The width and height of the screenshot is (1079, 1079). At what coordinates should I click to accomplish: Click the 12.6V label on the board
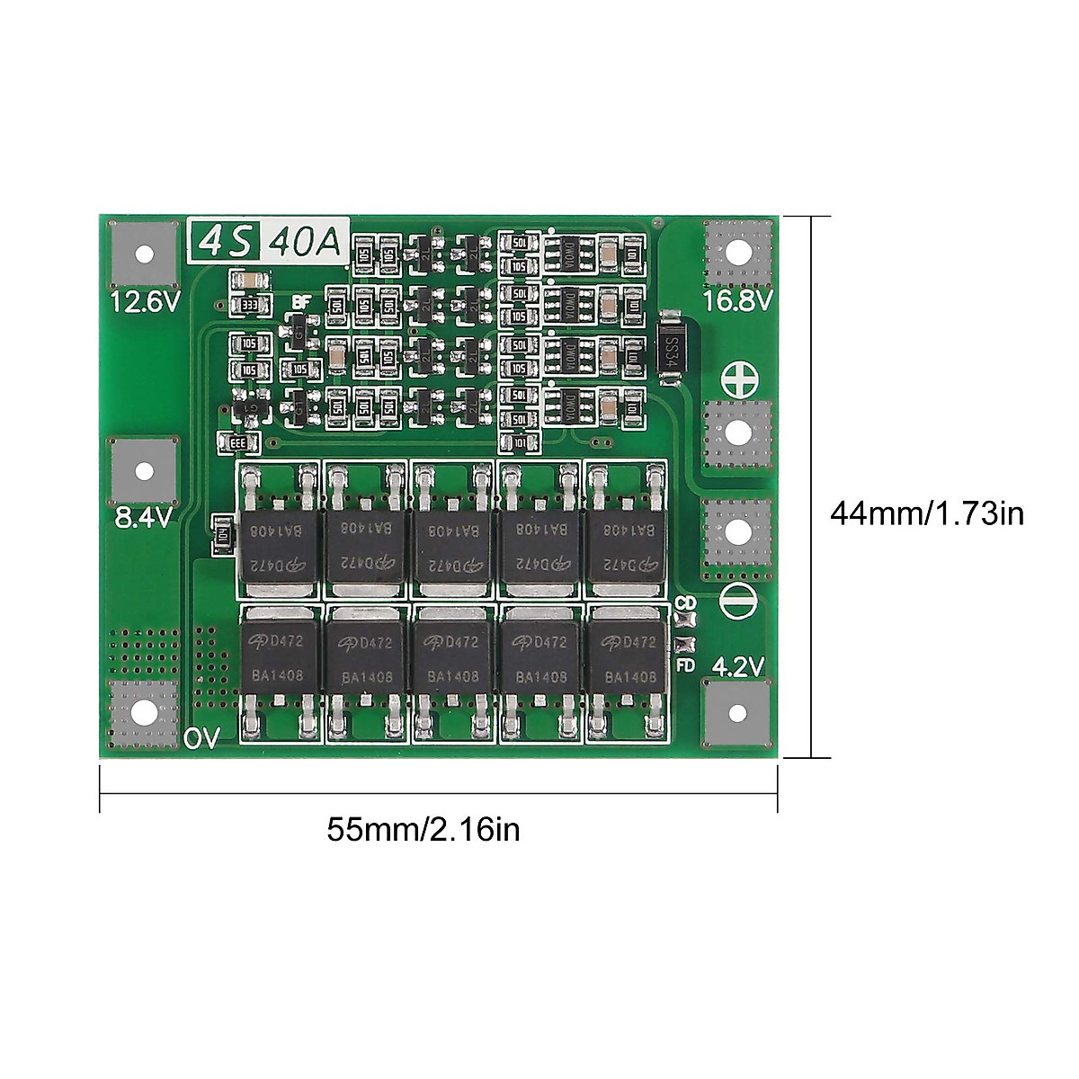coord(145,302)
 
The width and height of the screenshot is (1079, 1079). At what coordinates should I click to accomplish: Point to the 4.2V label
coord(737,666)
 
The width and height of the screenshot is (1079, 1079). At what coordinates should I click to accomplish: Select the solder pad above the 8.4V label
coord(143,471)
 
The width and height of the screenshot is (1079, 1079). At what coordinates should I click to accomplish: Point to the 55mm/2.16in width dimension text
coord(424,829)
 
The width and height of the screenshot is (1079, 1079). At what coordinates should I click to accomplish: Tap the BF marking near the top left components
coord(299,303)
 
